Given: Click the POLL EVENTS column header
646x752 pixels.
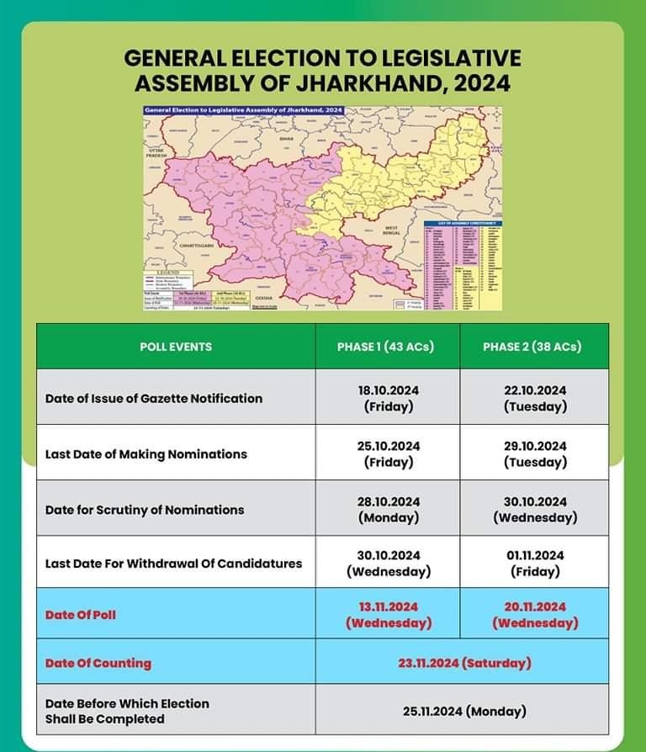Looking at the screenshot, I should pyautogui.click(x=175, y=347).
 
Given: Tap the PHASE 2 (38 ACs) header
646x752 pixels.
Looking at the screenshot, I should pyautogui.click(x=532, y=347).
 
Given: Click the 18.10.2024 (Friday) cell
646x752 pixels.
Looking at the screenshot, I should pyautogui.click(x=388, y=398).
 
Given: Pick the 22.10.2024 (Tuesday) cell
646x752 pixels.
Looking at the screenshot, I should pyautogui.click(x=535, y=398).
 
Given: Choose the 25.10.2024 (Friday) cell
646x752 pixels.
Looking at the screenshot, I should pyautogui.click(x=388, y=453).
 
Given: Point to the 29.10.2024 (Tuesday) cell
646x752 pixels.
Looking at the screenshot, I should pyautogui.click(x=535, y=453).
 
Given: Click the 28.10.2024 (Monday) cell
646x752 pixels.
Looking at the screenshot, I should pyautogui.click(x=388, y=509).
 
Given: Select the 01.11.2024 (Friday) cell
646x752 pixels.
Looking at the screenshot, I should pyautogui.click(x=535, y=564).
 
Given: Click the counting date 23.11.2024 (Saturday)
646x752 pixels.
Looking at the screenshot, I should pyautogui.click(x=464, y=663).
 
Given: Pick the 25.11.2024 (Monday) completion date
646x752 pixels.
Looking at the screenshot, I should pyautogui.click(x=464, y=711).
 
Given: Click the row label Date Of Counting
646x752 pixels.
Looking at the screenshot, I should pyautogui.click(x=98, y=663).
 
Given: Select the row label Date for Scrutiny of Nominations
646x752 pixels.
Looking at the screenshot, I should pyautogui.click(x=144, y=509).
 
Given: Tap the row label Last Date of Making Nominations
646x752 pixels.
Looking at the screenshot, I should pyautogui.click(x=146, y=453).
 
